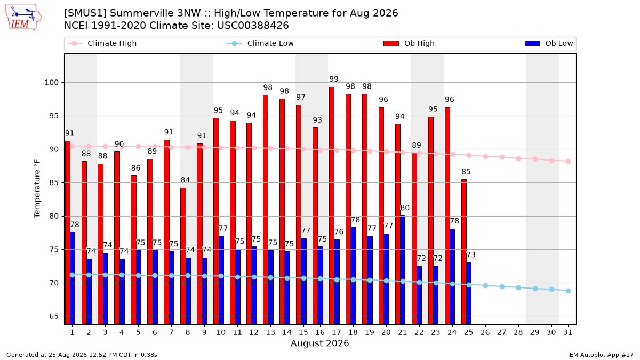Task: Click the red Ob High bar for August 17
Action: [x=332, y=206]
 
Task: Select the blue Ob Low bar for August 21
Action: [x=403, y=270]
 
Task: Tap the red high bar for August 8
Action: [x=183, y=257]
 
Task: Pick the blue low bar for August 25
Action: [x=469, y=294]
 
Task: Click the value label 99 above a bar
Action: [x=334, y=79]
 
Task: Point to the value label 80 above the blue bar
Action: [x=405, y=207]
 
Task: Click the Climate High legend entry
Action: [x=102, y=43]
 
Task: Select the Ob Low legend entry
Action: [x=549, y=43]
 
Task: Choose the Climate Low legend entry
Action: [x=260, y=43]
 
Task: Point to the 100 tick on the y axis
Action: [x=51, y=83]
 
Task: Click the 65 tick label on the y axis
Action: [x=54, y=316]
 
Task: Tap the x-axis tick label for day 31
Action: [x=567, y=332]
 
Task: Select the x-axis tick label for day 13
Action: [x=270, y=332]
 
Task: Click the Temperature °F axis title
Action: [x=37, y=189]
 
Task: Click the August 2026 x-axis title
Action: [x=319, y=343]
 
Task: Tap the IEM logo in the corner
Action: [x=23, y=18]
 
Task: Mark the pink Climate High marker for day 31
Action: [x=569, y=162]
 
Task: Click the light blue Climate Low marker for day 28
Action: [x=518, y=287]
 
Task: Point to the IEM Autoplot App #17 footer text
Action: [x=601, y=355]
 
